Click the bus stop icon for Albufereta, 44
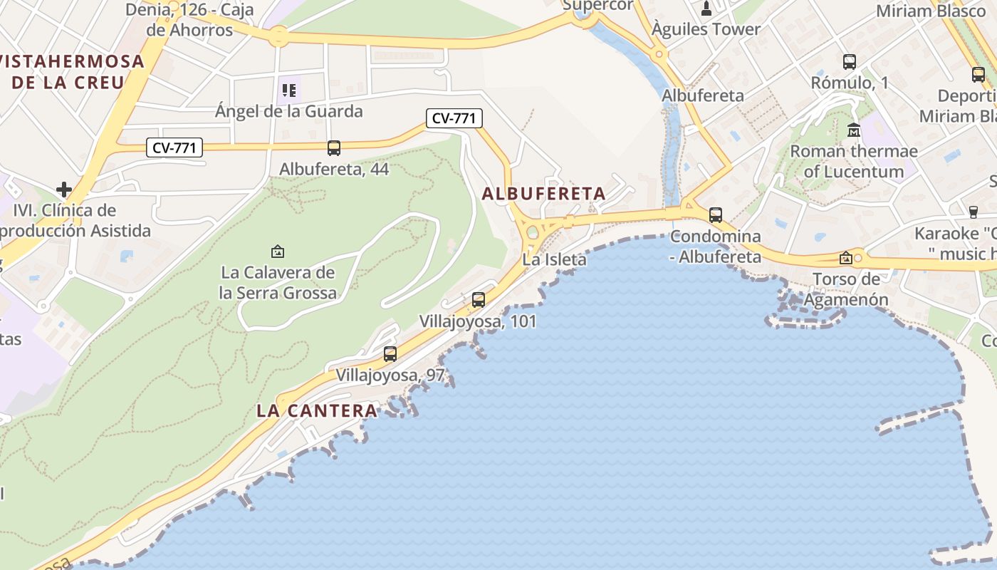pos(333,148)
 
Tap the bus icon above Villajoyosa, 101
pos(479,300)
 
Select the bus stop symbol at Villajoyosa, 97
pos(390,353)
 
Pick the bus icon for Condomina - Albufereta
pos(716,214)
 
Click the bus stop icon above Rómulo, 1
pos(849,62)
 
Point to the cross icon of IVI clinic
pos(64,190)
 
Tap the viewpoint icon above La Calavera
pos(278,252)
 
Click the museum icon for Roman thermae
pos(853,130)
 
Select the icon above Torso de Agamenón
pos(846,258)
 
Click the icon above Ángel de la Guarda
pos(288,90)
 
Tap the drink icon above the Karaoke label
pos(973,212)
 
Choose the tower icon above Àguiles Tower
pos(706,9)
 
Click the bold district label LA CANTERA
pos(317,410)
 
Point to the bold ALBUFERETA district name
pos(543,193)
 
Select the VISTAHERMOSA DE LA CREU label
pos(71,71)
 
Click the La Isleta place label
pos(554,259)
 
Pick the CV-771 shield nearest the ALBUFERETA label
pos(454,118)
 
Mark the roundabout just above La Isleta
pos(532,232)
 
